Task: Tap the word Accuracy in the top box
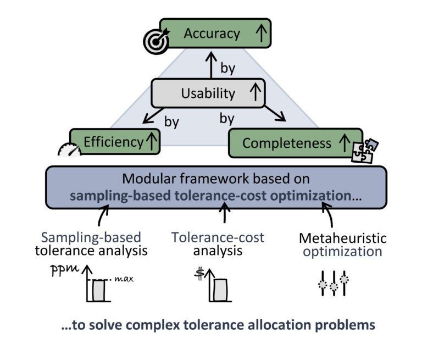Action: pyautogui.click(x=212, y=34)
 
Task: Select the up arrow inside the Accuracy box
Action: pyautogui.click(x=260, y=34)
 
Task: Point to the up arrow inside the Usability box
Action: pyautogui.click(x=254, y=92)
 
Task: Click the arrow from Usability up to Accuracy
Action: pyautogui.click(x=209, y=64)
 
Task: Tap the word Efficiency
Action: pyautogui.click(x=113, y=142)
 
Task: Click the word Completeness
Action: pyautogui.click(x=287, y=143)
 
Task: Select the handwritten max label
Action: pyautogui.click(x=126, y=279)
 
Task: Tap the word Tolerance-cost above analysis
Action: pyautogui.click(x=218, y=237)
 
